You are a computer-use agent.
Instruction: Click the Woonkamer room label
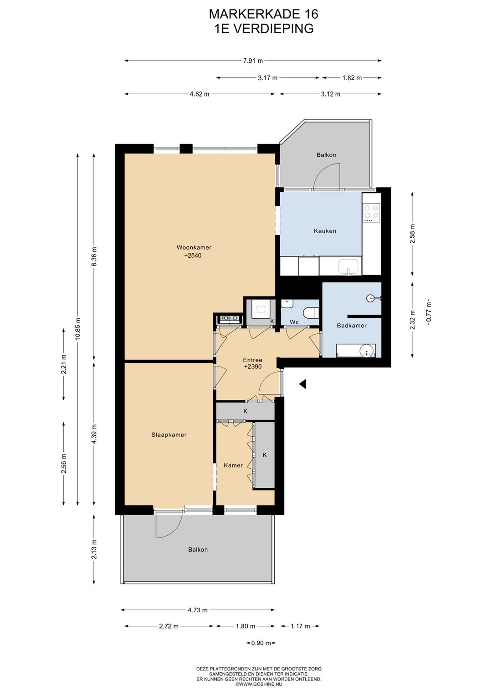tap(194, 247)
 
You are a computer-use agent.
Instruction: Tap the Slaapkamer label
tap(169, 434)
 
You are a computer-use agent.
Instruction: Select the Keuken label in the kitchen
tap(325, 231)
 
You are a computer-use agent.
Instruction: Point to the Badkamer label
tap(352, 326)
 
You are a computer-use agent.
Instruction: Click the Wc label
tap(294, 322)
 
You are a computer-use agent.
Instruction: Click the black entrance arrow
tap(302, 384)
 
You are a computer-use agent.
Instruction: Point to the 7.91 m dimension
tap(253, 61)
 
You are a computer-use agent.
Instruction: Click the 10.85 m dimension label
tap(77, 329)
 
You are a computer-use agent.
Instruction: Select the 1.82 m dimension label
tap(352, 77)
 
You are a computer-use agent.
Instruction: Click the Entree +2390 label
tap(253, 363)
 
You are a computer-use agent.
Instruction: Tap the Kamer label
tap(233, 465)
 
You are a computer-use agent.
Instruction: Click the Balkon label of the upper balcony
tap(326, 155)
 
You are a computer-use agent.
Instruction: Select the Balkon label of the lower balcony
tap(198, 549)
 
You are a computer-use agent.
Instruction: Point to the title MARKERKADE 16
tap(263, 14)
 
